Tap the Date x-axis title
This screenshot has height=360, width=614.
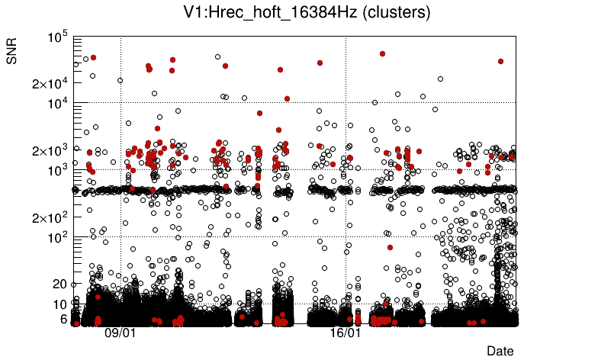coord(500,351)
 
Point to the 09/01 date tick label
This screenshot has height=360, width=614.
coord(120,333)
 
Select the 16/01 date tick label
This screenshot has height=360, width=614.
coord(345,333)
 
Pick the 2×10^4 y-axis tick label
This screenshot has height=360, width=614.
coord(50,83)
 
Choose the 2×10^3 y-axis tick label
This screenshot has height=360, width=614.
coord(50,150)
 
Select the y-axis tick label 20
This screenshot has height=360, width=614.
coord(60,284)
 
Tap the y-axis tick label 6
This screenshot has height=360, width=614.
coord(64,319)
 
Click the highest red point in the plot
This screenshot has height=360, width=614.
coord(382,53)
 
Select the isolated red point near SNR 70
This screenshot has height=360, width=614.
coord(390,247)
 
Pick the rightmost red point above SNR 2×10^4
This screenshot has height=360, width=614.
coord(500,61)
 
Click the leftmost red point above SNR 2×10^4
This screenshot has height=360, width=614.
coord(93,57)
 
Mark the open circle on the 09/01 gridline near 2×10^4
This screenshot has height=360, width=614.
coord(120,80)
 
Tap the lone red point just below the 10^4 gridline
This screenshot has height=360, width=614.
coord(259,113)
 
